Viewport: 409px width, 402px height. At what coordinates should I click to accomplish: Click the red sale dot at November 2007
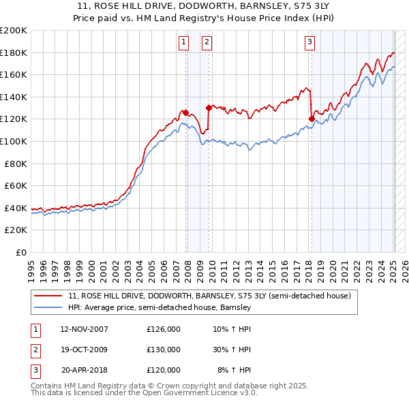coord(185,112)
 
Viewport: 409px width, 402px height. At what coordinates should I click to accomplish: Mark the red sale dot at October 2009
coord(209,108)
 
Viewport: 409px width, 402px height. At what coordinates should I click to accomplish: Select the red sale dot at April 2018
coord(312,119)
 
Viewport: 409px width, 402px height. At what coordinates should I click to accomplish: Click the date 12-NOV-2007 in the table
coord(84,329)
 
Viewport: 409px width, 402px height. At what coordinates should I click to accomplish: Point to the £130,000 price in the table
coord(164,350)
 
